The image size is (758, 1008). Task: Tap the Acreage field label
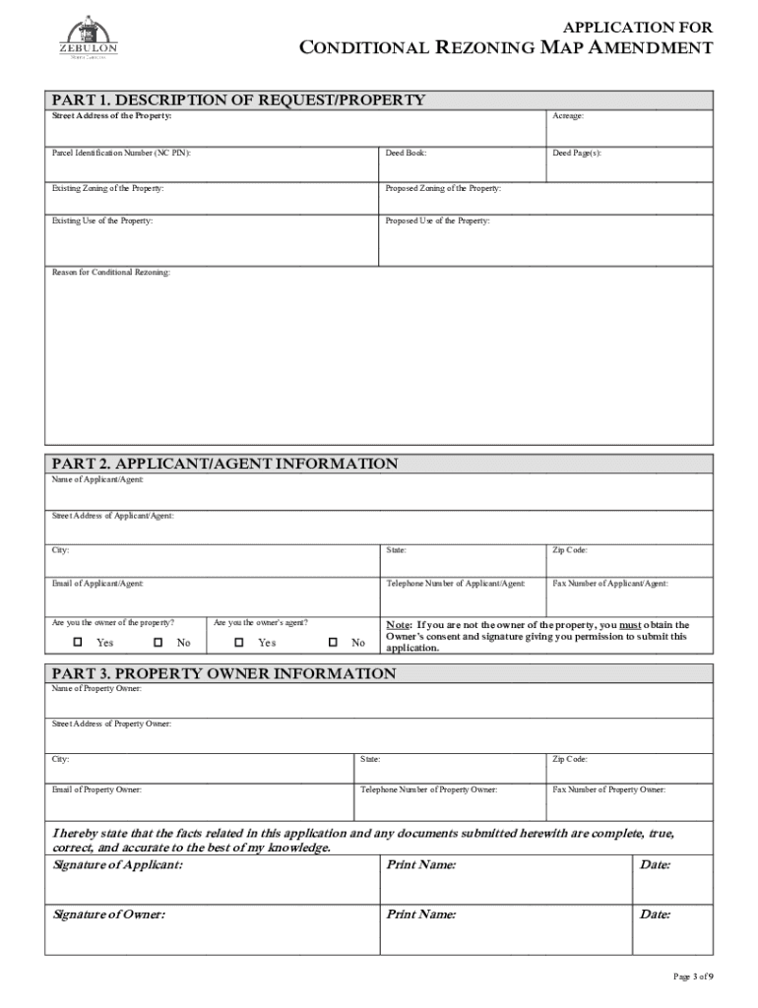[x=568, y=116]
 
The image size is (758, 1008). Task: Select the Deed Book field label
[x=406, y=154]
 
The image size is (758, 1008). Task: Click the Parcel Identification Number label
[x=121, y=154]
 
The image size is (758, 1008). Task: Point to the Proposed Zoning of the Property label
[x=443, y=187]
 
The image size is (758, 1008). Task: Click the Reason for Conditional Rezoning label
[x=110, y=272]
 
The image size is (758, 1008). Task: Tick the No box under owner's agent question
[x=333, y=643]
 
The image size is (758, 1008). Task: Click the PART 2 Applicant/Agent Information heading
[x=224, y=464]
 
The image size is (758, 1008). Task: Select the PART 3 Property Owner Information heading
[x=223, y=674]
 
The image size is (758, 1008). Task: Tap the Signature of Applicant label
[x=117, y=865]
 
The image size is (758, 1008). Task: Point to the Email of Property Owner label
[x=96, y=789]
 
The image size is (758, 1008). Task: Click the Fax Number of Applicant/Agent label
[x=609, y=584]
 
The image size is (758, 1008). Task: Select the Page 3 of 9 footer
[x=692, y=976]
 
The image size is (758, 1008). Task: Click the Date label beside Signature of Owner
[x=655, y=914]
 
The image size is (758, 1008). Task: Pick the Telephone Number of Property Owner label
[x=428, y=789]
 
